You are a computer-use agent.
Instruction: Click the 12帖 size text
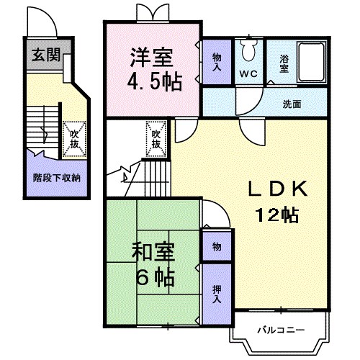coord(278,214)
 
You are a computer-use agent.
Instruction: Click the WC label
coord(249,74)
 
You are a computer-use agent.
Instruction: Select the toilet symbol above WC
coord(249,50)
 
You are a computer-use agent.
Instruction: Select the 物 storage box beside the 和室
coord(216,247)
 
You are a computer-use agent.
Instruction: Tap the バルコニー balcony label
coord(281,330)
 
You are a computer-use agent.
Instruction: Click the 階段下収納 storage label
coord(56,176)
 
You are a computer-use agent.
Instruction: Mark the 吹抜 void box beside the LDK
coord(157,138)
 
